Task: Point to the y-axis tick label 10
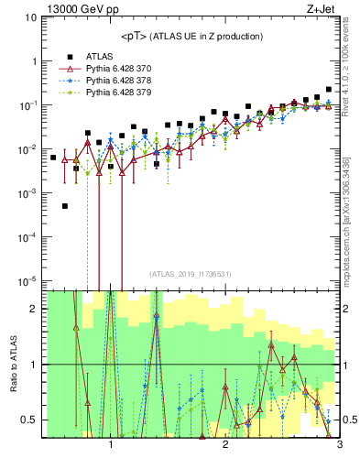pyautogui.click(x=31, y=17)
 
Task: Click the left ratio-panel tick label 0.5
pyautogui.click(x=29, y=420)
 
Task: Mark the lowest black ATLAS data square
pyautogui.click(x=65, y=206)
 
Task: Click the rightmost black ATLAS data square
pyautogui.click(x=329, y=90)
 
